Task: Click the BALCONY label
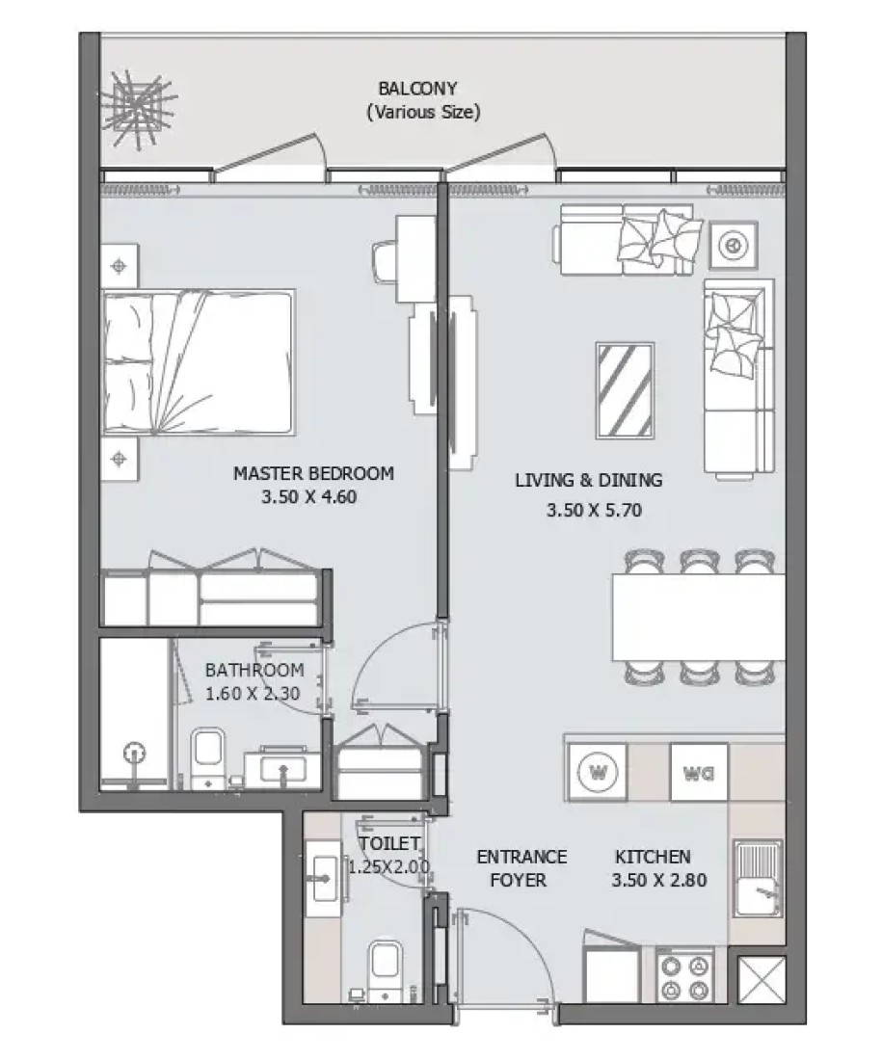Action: click(x=417, y=89)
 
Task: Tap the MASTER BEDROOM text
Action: click(x=313, y=473)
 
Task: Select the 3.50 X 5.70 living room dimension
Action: click(x=594, y=510)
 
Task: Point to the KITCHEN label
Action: click(x=653, y=857)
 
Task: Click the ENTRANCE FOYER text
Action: click(x=521, y=868)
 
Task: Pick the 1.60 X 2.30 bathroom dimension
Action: click(x=253, y=694)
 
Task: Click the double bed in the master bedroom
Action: click(x=199, y=361)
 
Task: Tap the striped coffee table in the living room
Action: click(x=625, y=390)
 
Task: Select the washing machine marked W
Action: click(x=598, y=771)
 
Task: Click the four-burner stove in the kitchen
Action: click(x=685, y=978)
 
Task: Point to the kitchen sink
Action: click(x=759, y=877)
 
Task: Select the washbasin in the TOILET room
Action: click(x=325, y=878)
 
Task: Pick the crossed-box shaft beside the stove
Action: click(x=761, y=980)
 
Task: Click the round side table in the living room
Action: click(x=733, y=245)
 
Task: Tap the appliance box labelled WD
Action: click(x=699, y=772)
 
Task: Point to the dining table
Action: click(x=699, y=617)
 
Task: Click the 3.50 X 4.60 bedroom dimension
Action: click(x=309, y=497)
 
